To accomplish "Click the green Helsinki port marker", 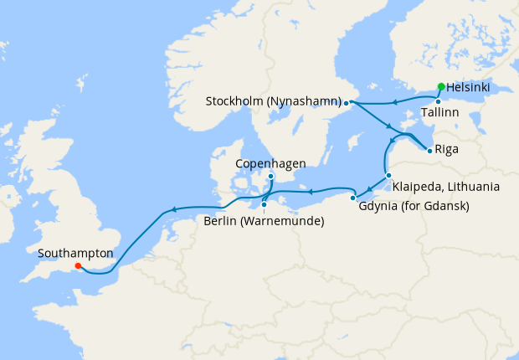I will point(441,86).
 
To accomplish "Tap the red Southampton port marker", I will point(78,266).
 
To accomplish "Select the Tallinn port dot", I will point(438,101).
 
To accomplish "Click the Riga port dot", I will point(429,151).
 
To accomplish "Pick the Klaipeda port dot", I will point(388,175).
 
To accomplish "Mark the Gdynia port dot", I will point(352,198).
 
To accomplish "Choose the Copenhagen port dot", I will point(271,177).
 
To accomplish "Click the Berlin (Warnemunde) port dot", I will point(264,204).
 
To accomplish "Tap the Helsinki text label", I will point(469,87).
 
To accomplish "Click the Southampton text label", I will point(75,251).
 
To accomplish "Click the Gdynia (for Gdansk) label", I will point(413,206).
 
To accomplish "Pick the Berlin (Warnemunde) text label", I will point(264,221).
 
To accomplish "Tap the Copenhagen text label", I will point(270,163).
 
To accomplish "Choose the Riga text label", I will point(446,152).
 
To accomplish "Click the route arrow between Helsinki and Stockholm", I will point(391,102).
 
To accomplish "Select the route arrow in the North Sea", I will point(172,209).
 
